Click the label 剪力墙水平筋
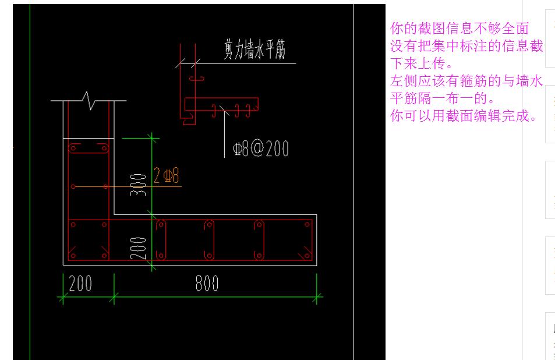[x=255, y=51]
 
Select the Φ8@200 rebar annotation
[x=260, y=149]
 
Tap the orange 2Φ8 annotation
[x=167, y=175]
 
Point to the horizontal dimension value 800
[x=207, y=284]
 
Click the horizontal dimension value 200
[x=80, y=284]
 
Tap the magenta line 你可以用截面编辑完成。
[x=464, y=115]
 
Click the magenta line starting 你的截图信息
[x=459, y=28]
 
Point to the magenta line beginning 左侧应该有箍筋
[x=466, y=80]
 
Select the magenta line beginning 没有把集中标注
[x=466, y=45]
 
